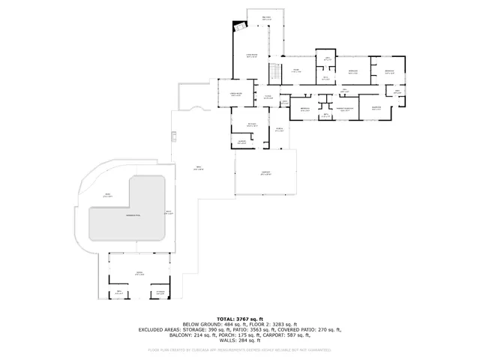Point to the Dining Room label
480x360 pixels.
tap(235, 94)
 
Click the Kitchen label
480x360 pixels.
tap(252, 124)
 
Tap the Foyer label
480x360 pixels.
tap(268, 97)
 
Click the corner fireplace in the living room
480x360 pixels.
tap(240, 25)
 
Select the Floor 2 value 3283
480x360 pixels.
tap(282, 324)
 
